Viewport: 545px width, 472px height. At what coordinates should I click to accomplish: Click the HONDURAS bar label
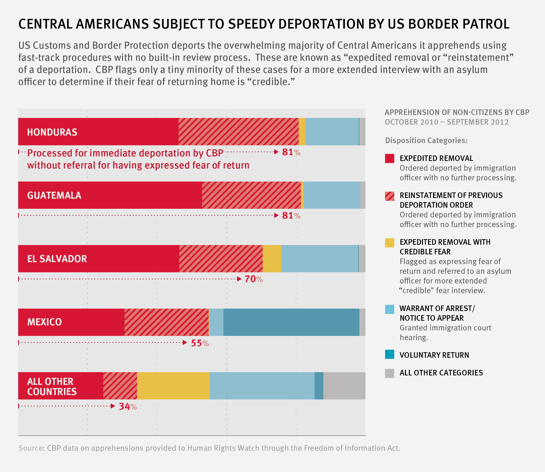coord(52,132)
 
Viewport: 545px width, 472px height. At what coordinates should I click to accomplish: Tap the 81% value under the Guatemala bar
coord(291,216)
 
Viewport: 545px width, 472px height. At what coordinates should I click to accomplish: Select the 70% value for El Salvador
coord(253,279)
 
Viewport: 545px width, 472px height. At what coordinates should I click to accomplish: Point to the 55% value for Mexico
coord(200,343)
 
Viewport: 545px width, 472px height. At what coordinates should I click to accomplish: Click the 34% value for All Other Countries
coord(128,407)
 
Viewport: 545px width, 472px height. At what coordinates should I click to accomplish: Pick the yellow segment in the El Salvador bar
coord(272,259)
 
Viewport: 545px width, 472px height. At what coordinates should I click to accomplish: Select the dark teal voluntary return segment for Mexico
coord(291,322)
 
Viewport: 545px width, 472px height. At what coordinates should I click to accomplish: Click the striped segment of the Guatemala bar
coord(251,195)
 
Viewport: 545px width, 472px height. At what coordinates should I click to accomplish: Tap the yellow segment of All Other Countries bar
coord(173,386)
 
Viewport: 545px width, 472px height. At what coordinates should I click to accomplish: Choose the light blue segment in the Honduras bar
coord(332,132)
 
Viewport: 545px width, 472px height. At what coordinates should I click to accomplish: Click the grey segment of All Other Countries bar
coord(344,386)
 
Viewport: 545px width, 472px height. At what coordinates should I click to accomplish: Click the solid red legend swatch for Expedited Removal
coord(389,159)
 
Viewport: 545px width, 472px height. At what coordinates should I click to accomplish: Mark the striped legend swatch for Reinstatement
coord(389,196)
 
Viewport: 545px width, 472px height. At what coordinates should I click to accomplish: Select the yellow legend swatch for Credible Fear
coord(389,243)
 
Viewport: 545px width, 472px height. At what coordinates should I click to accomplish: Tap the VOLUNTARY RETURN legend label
coord(434,355)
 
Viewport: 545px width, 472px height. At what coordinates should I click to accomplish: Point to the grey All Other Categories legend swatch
coord(389,373)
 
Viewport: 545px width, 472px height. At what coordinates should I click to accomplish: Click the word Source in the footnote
coord(31,448)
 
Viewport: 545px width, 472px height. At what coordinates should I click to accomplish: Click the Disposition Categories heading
coord(426,140)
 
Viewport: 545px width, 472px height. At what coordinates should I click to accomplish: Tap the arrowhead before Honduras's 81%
coord(276,152)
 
